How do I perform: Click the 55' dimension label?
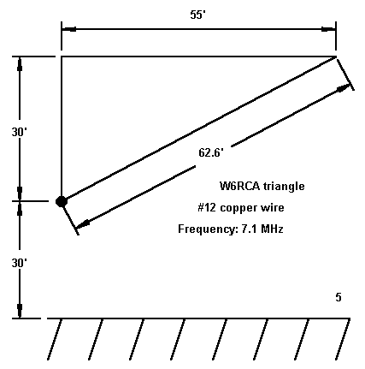pyautogui.click(x=197, y=15)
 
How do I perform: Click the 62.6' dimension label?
pyautogui.click(x=211, y=152)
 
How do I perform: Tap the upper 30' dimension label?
pyautogui.click(x=19, y=132)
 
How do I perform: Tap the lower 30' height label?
pyautogui.click(x=19, y=263)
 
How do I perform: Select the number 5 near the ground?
pyautogui.click(x=339, y=297)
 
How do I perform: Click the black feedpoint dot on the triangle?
pyautogui.click(x=62, y=201)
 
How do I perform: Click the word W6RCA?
pyautogui.click(x=240, y=186)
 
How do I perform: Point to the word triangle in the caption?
pyautogui.click(x=284, y=187)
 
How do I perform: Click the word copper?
pyautogui.click(x=238, y=208)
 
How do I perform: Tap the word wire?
pyautogui.click(x=273, y=207)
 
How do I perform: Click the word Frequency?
pyautogui.click(x=209, y=229)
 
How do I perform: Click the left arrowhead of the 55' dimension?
pyautogui.click(x=69, y=29)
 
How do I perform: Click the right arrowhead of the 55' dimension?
pyautogui.click(x=328, y=29)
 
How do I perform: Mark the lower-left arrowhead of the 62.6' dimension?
pyautogui.click(x=83, y=224)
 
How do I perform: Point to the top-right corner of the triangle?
pyautogui.click(x=336, y=57)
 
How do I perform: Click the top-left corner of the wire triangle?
pyautogui.click(x=62, y=57)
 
